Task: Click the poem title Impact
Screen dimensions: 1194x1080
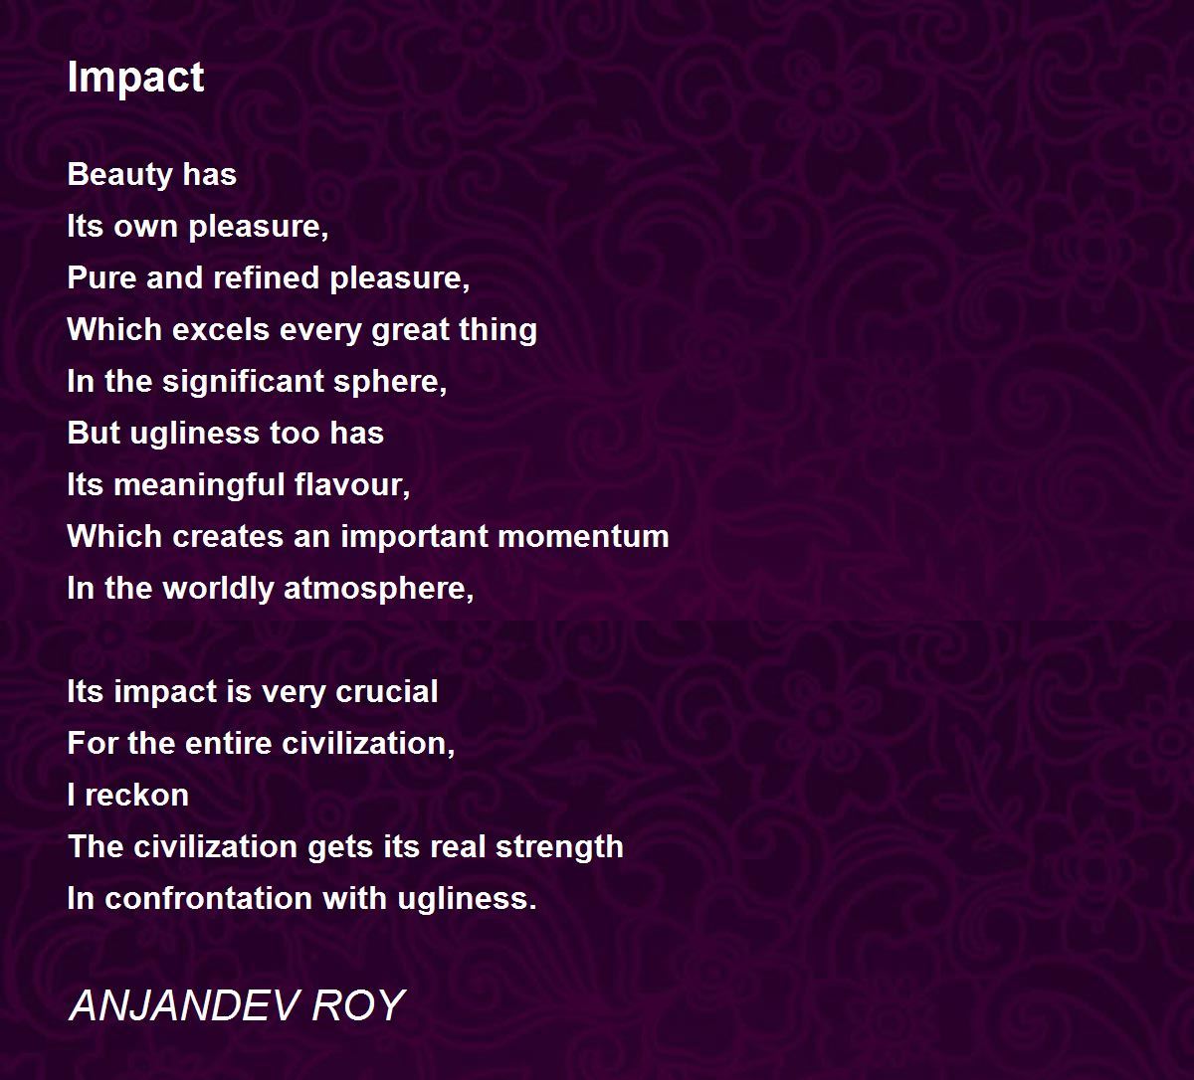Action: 135,78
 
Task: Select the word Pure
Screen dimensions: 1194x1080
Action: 102,277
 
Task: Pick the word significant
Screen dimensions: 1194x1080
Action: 244,382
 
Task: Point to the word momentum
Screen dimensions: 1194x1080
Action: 583,537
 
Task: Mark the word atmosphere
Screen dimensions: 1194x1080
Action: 378,589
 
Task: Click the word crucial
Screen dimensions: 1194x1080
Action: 387,692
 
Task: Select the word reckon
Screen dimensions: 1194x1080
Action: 137,796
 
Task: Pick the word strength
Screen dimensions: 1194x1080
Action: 559,847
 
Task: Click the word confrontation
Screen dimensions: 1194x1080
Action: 208,899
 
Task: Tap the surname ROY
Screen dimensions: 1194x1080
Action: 358,1006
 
